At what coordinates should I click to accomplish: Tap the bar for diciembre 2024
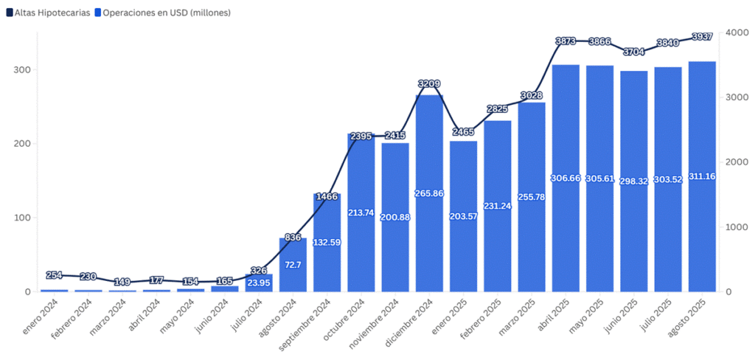(x=430, y=193)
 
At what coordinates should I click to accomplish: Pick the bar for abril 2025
(x=566, y=178)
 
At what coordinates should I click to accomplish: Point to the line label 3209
(x=430, y=83)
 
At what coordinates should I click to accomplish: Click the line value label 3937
(x=703, y=37)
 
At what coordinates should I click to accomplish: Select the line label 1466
(x=327, y=197)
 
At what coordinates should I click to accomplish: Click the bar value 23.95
(x=259, y=283)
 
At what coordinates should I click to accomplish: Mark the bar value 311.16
(x=703, y=176)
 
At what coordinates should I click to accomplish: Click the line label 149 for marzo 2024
(x=122, y=282)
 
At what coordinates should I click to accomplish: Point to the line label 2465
(x=464, y=132)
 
